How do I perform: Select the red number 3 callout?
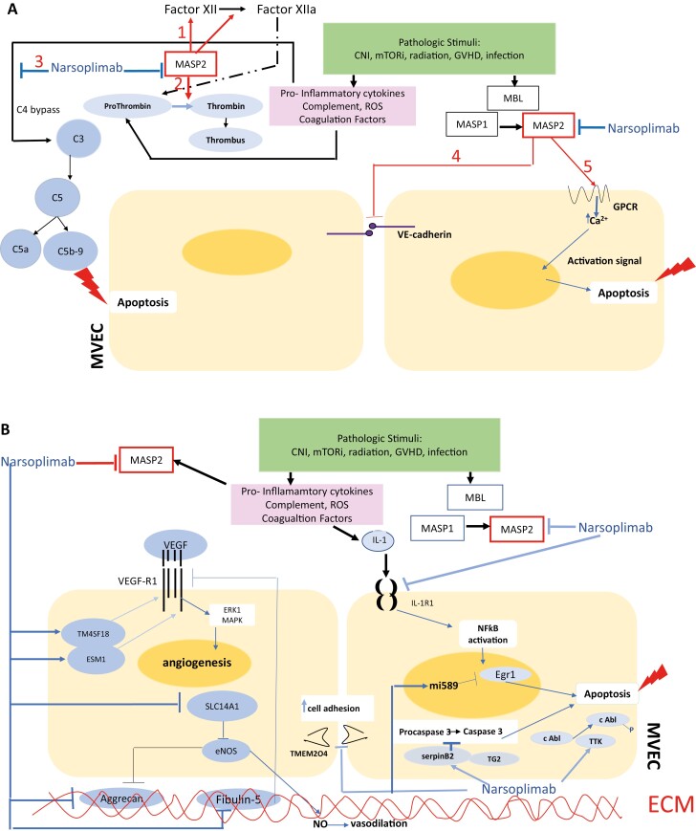[x=37, y=61]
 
